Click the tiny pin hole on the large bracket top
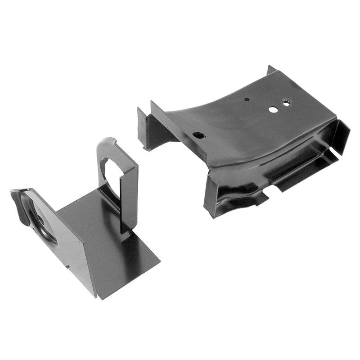(247, 99)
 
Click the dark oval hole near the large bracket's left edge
(197, 135)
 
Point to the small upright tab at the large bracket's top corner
(270, 70)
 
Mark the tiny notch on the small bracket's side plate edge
(67, 266)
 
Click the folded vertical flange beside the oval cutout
(128, 198)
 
